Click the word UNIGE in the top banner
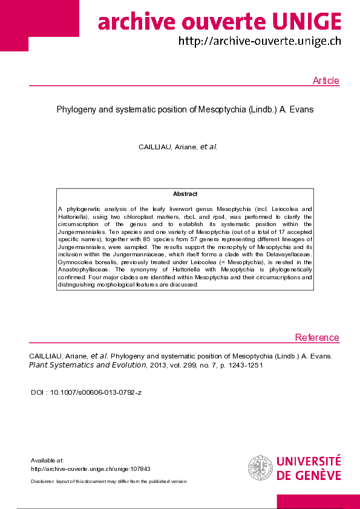tap(307, 23)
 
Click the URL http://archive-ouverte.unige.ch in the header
tap(260, 42)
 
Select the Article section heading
tap(326, 81)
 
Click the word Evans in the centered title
tap(301, 110)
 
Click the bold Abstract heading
tap(185, 194)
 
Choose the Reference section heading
tap(317, 337)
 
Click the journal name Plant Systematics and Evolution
tap(88, 365)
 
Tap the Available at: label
tap(47, 460)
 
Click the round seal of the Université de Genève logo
tap(260, 467)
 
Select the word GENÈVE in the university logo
tap(318, 475)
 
